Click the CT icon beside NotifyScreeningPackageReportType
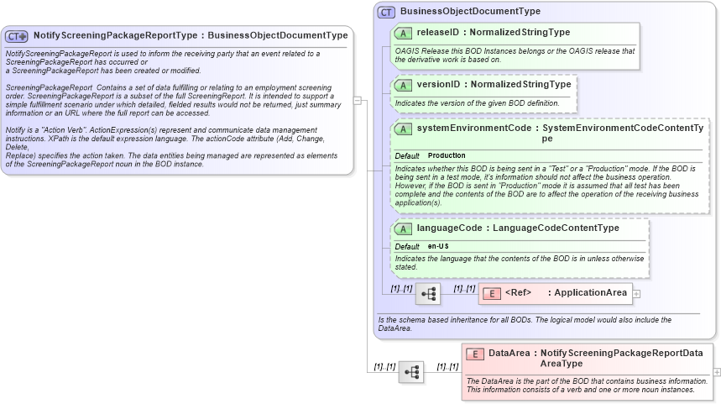pos(17,36)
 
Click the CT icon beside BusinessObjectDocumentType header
pos(386,12)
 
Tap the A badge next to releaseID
pos(403,33)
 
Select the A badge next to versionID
pos(403,85)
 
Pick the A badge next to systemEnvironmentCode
pos(403,129)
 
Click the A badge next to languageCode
pos(403,228)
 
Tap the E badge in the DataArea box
pos(474,354)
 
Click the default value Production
pos(447,156)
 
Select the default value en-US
pos(438,246)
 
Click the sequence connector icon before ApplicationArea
pos(427,293)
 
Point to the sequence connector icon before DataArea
pos(411,371)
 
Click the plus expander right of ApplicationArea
pos(636,293)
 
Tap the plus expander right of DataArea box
pos(716,371)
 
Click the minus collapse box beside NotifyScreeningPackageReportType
pos(358,100)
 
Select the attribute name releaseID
pos(437,33)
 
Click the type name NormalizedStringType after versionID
pos(520,85)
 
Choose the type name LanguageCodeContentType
pos(556,228)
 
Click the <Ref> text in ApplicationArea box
pos(519,293)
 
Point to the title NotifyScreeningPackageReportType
pos(116,36)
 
